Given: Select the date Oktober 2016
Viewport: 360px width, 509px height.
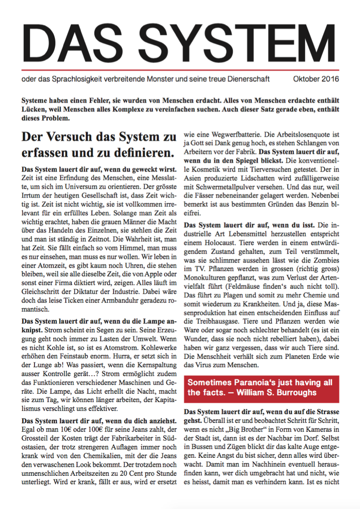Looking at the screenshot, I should tap(316, 79).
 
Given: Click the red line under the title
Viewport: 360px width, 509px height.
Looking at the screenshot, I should tap(180, 70).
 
